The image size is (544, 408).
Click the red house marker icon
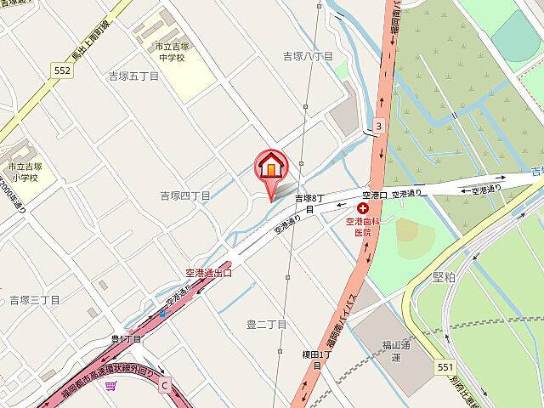point(271,166)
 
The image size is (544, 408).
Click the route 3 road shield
point(378,127)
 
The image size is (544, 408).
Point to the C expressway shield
point(165,384)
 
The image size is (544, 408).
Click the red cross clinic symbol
point(363,207)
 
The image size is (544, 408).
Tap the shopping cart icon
point(110,388)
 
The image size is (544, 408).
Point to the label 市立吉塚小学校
point(24,172)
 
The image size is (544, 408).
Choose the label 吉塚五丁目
point(133,76)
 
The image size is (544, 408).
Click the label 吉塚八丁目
point(308,56)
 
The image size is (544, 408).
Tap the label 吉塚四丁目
point(185,195)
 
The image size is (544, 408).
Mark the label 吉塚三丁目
point(35,300)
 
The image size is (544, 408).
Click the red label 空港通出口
point(208,273)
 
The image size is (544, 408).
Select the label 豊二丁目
point(266,324)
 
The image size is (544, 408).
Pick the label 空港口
point(374,195)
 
